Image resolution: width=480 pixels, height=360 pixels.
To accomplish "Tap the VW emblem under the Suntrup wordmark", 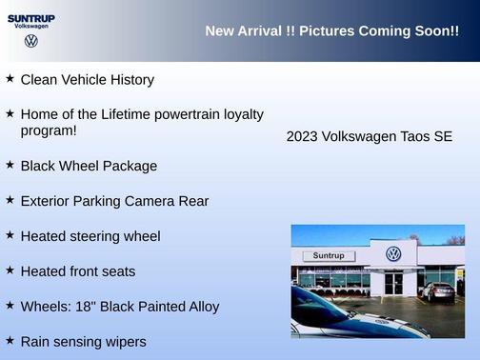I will pyautogui.click(x=31, y=41).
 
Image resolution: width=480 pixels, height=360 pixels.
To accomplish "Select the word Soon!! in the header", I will pyautogui.click(x=433, y=31).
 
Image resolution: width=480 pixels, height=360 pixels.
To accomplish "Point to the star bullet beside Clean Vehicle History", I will pyautogui.click(x=10, y=79).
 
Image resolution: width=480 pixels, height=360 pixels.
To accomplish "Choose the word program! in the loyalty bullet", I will pyautogui.click(x=49, y=130).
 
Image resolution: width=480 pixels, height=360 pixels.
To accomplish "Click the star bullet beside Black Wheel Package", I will pyautogui.click(x=10, y=165).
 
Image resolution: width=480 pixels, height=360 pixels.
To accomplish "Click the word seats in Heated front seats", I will pyautogui.click(x=117, y=271).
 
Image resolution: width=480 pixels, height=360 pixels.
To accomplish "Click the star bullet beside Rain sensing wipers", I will pyautogui.click(x=10, y=340).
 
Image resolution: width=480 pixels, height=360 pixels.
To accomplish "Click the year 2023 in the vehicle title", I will pyautogui.click(x=302, y=137).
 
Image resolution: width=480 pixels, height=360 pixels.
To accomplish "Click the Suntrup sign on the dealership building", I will pyautogui.click(x=329, y=256).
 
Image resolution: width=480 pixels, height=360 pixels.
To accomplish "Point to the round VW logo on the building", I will pyautogui.click(x=393, y=254).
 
